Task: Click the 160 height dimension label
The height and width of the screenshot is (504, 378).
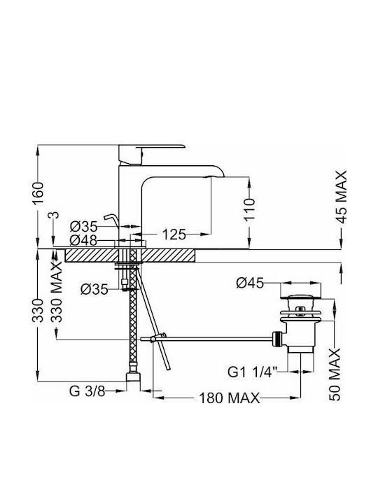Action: coord(38,193)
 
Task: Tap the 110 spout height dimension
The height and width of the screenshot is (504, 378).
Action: coord(249,209)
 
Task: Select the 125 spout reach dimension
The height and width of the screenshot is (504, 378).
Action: coord(174,234)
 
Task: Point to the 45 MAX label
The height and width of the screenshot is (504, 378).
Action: coord(341,197)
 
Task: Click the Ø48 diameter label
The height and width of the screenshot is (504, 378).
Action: coord(83,240)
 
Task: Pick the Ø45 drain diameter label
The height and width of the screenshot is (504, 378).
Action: coord(250,283)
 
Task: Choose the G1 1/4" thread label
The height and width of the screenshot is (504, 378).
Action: coord(252,372)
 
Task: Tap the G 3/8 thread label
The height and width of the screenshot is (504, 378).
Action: coord(87,391)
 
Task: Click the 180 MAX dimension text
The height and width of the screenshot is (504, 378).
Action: coord(230,398)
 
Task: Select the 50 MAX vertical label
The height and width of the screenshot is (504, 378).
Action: coord(335,374)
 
